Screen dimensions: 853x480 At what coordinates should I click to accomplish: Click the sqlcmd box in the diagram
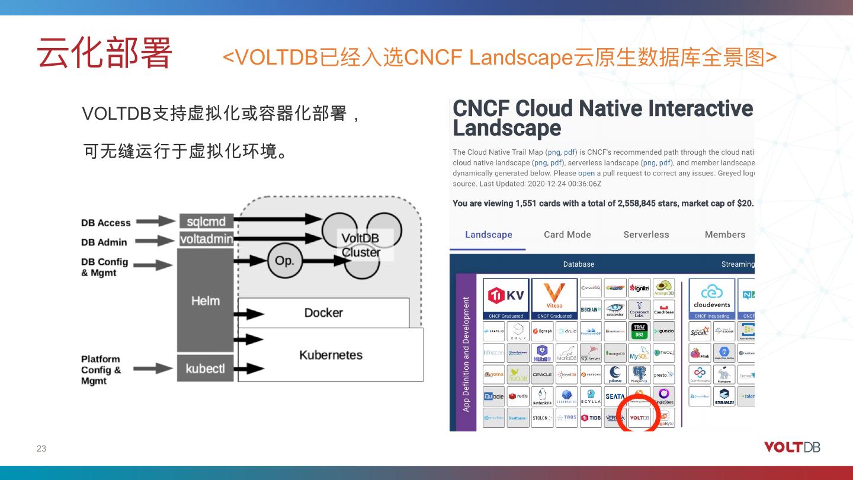[206, 222]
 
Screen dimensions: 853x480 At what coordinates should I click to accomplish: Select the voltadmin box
[206, 239]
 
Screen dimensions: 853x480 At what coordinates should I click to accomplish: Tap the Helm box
[206, 300]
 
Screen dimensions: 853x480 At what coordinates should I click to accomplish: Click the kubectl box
[205, 369]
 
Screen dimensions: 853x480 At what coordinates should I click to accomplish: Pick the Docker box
[323, 312]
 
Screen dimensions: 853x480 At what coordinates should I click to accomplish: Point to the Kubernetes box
[331, 355]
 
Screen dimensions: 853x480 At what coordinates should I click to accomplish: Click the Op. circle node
[284, 260]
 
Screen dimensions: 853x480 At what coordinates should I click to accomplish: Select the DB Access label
[106, 223]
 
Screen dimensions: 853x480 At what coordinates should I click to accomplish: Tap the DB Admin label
[104, 242]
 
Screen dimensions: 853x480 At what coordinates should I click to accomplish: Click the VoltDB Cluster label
[360, 245]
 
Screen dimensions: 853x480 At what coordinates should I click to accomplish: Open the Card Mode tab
[567, 235]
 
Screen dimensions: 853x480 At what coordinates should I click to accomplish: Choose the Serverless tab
[646, 235]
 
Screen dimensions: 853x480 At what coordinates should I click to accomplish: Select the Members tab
[725, 235]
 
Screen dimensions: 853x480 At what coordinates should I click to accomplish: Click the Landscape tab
[489, 235]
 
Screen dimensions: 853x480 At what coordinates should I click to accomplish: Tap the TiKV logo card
[505, 298]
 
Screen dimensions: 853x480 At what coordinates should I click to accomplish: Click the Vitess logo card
[554, 298]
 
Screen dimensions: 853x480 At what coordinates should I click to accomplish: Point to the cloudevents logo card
[712, 298]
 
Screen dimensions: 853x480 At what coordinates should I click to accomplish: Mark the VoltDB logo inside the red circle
[639, 418]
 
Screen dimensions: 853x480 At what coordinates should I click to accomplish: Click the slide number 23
[41, 449]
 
